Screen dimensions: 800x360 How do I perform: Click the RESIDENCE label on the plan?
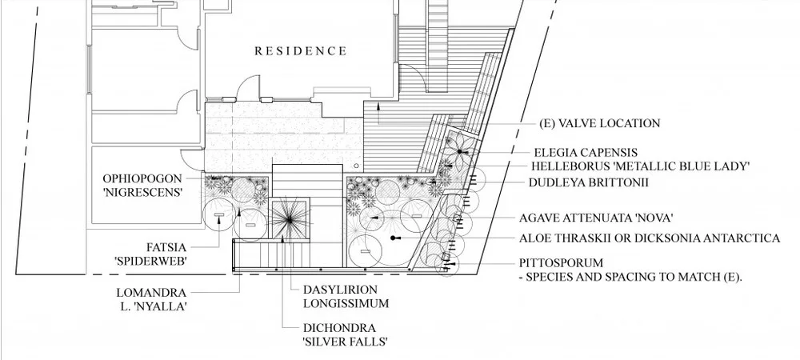pyautogui.click(x=301, y=51)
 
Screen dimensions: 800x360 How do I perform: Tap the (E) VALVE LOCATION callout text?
pyautogui.click(x=599, y=123)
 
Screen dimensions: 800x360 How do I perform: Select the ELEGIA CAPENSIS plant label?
pyautogui.click(x=586, y=153)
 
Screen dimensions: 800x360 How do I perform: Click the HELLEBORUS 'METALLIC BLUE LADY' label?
pyautogui.click(x=640, y=166)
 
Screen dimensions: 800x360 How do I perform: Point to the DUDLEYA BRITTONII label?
pyautogui.click(x=588, y=182)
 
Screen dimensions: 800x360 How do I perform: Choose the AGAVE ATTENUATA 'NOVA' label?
pyautogui.click(x=596, y=218)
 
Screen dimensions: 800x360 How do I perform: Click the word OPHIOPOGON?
pyautogui.click(x=142, y=179)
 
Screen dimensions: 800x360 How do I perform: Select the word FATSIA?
pyautogui.click(x=166, y=248)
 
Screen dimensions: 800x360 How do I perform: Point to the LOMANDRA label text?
pyautogui.click(x=151, y=294)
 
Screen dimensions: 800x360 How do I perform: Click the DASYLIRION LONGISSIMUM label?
pyautogui.click(x=346, y=296)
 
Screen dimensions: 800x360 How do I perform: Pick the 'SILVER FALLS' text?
pyautogui.click(x=345, y=342)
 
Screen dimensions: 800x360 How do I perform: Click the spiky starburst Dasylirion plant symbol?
pyautogui.click(x=290, y=219)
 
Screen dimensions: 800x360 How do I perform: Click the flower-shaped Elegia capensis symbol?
pyautogui.click(x=459, y=151)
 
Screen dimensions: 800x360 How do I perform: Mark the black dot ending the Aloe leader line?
pyautogui.click(x=394, y=238)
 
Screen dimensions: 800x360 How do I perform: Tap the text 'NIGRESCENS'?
pyautogui.click(x=144, y=193)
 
